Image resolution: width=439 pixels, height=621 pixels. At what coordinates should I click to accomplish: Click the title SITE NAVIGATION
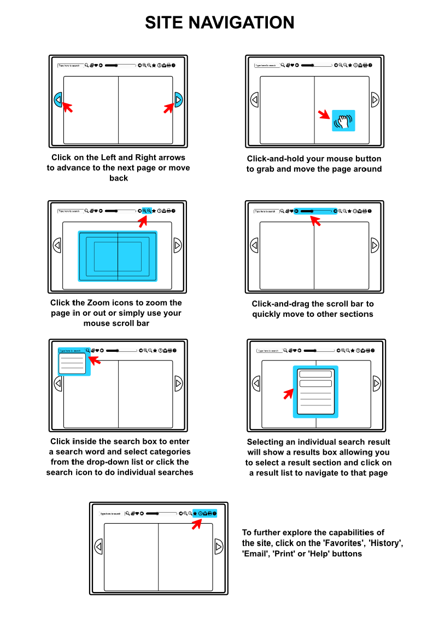pos(219,23)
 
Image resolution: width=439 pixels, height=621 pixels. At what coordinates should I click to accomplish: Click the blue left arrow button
pos(58,100)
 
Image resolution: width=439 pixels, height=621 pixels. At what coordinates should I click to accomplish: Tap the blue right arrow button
pos(178,100)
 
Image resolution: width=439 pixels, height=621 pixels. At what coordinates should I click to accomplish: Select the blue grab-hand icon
pos(343,121)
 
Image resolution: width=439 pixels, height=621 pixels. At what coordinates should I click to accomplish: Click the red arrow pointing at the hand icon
pos(324,115)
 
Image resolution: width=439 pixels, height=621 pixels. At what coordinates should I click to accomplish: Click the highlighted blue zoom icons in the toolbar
pos(147,211)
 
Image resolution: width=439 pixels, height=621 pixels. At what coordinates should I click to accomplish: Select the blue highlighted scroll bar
pos(315,211)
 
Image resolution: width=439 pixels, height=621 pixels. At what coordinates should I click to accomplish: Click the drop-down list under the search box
pos(72,364)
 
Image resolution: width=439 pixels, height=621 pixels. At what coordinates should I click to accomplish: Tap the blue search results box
pos(315,392)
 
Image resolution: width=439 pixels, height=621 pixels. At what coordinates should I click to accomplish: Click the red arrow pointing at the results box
pos(288,393)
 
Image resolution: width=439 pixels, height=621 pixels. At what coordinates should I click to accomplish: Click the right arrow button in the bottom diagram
pos(219,547)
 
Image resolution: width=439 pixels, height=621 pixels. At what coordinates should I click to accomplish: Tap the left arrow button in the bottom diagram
pos(98,547)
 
